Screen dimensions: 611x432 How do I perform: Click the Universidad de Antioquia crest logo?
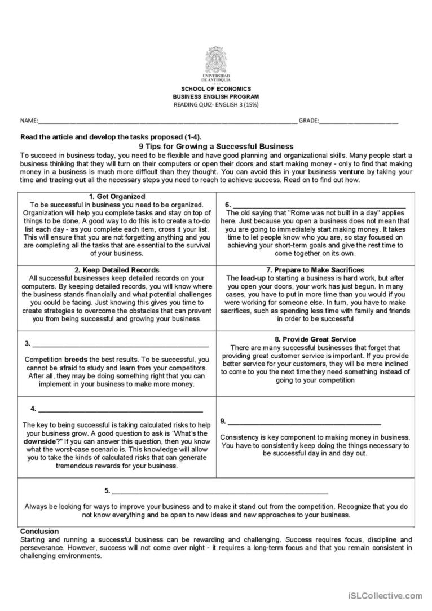[216, 60]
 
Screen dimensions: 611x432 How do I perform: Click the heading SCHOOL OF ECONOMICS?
[216, 89]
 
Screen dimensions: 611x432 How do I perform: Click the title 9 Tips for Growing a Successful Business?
[216, 146]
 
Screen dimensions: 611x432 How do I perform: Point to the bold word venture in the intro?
[351, 171]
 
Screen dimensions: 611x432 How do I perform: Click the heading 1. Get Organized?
[117, 197]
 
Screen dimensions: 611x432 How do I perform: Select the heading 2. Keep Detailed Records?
[117, 270]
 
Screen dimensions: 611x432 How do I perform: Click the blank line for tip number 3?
[121, 344]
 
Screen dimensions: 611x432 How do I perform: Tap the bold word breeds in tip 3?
[76, 359]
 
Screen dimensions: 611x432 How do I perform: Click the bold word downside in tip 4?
[39, 442]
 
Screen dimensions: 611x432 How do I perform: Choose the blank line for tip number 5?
[220, 491]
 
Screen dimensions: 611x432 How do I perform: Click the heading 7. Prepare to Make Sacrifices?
[315, 270]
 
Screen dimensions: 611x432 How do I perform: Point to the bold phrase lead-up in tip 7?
[253, 278]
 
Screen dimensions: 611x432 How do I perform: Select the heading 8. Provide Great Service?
[315, 339]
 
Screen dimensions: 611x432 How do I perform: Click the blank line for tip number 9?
[305, 422]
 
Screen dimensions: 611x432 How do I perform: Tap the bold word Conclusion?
[39, 531]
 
